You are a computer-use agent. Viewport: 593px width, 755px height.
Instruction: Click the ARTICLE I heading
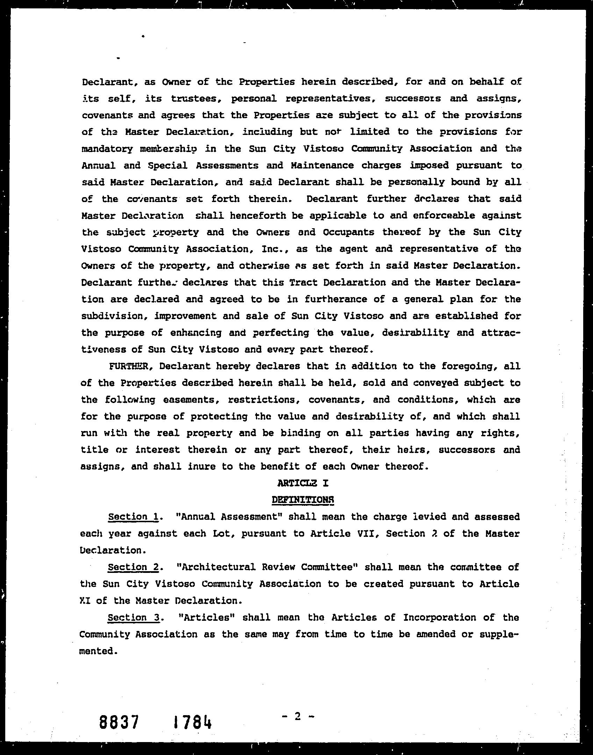point(303,483)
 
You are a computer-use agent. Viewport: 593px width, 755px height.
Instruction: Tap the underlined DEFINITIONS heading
point(303,500)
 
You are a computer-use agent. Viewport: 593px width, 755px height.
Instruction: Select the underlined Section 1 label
point(133,517)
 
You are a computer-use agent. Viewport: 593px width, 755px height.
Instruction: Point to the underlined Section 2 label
point(133,567)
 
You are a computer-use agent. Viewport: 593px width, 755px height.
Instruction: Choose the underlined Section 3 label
point(133,617)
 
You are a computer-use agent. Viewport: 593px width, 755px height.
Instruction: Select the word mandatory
point(107,149)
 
